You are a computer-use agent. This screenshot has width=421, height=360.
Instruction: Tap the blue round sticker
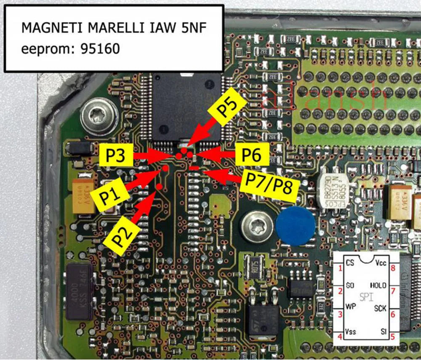pos(296,225)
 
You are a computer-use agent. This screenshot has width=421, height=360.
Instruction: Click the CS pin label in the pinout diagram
pos(349,262)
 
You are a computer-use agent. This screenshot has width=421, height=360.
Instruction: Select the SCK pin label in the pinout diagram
pos(381,308)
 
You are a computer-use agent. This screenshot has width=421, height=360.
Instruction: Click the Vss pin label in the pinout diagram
pos(350,331)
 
